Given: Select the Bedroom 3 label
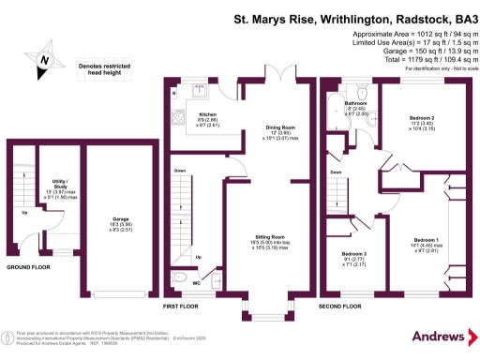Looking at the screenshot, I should (x=353, y=254).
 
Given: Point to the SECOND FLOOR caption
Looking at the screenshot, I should (x=341, y=307).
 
